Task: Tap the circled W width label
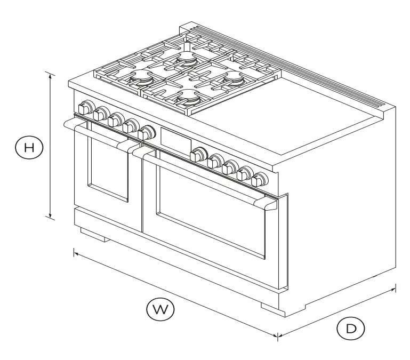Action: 159,310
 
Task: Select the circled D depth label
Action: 350,329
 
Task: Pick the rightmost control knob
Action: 261,180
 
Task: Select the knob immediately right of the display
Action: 198,155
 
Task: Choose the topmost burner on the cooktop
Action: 188,58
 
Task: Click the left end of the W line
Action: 75,253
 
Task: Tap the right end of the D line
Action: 395,289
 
